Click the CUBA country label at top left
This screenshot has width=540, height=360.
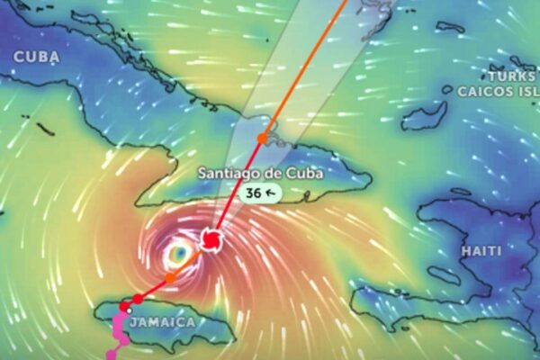(x=37, y=56)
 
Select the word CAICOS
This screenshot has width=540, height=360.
(x=485, y=91)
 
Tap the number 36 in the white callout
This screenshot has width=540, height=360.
(x=252, y=193)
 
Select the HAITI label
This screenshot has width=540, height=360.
(x=481, y=250)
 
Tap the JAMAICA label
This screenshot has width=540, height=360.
(x=162, y=321)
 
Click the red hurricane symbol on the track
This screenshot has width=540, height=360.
(x=211, y=240)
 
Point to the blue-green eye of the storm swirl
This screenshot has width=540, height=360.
(x=177, y=256)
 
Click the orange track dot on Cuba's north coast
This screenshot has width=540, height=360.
(x=261, y=138)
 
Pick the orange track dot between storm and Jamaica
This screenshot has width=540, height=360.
(x=170, y=277)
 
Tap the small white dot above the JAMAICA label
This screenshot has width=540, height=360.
(x=130, y=310)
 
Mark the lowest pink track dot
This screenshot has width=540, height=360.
(x=111, y=355)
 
